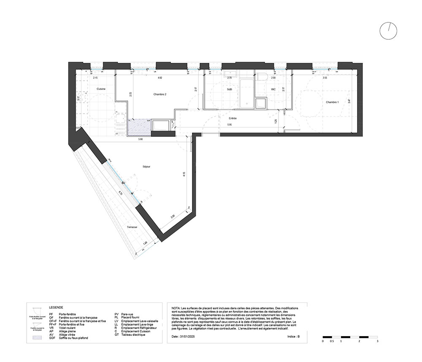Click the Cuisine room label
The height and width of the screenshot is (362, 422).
[x=101, y=89]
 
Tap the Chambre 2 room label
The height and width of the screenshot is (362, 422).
[x=160, y=95]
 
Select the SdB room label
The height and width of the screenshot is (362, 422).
[x=230, y=89]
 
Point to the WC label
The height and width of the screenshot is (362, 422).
[x=273, y=89]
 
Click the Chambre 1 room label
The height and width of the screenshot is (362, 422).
[x=332, y=102]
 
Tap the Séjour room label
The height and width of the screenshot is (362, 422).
[x=146, y=166]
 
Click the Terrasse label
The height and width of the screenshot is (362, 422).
[x=132, y=227]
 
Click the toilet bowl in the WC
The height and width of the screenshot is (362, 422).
[x=262, y=78]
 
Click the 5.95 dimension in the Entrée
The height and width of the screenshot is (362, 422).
[x=229, y=125]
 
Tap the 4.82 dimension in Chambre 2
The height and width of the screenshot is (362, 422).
[x=160, y=78]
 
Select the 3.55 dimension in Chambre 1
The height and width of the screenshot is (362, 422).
[x=325, y=78]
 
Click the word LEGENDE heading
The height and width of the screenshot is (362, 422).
[x=57, y=308]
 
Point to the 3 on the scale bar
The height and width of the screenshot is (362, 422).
[x=377, y=340]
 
